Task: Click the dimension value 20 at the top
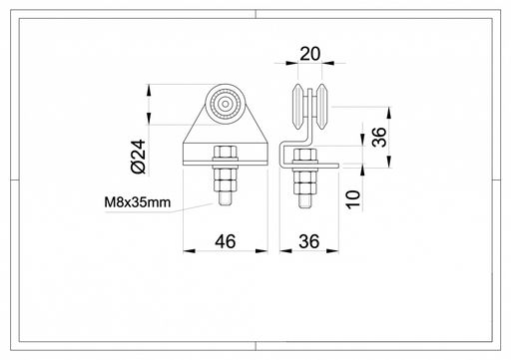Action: click(x=310, y=54)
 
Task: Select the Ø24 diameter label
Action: click(x=139, y=157)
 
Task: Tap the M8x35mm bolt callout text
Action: click(x=138, y=202)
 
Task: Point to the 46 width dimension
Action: click(x=226, y=241)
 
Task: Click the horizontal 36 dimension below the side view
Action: click(x=309, y=241)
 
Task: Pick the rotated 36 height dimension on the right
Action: click(x=379, y=137)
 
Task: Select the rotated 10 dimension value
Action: click(x=353, y=199)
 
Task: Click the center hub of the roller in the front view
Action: click(x=226, y=104)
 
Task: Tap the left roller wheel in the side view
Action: click(x=297, y=107)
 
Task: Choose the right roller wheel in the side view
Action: click(x=322, y=107)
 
